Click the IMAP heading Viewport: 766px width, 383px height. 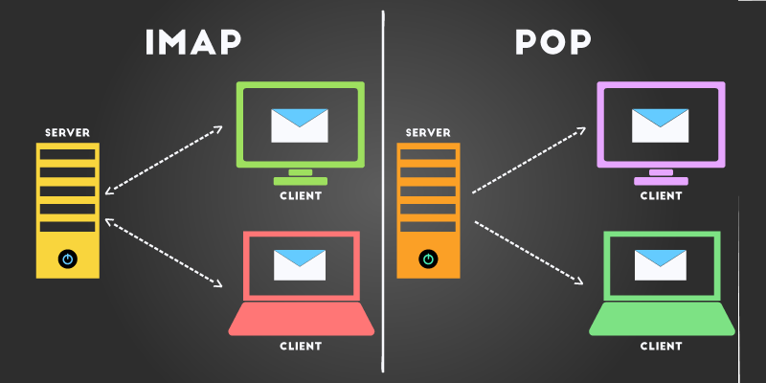193,42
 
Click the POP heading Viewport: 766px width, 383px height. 553,42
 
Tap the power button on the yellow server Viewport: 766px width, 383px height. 67,259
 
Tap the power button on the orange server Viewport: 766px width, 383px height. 428,259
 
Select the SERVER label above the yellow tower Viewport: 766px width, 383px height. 67,133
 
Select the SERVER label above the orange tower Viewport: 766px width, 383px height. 428,133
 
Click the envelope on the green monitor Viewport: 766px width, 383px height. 300,125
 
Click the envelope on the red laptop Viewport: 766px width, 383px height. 300,265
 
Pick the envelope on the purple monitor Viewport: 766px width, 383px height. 660,125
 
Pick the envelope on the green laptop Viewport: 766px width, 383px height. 660,265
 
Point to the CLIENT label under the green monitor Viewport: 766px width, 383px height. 301,196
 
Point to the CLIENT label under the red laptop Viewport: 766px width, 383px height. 301,347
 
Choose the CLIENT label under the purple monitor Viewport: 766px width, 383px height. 661,196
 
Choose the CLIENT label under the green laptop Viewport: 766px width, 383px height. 661,347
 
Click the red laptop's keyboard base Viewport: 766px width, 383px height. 302,319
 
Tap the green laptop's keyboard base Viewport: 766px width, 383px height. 662,319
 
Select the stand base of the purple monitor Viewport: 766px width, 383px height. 661,181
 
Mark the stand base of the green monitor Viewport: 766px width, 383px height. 301,181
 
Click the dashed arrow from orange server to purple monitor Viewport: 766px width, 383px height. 529,160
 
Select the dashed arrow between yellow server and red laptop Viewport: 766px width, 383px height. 164,253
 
